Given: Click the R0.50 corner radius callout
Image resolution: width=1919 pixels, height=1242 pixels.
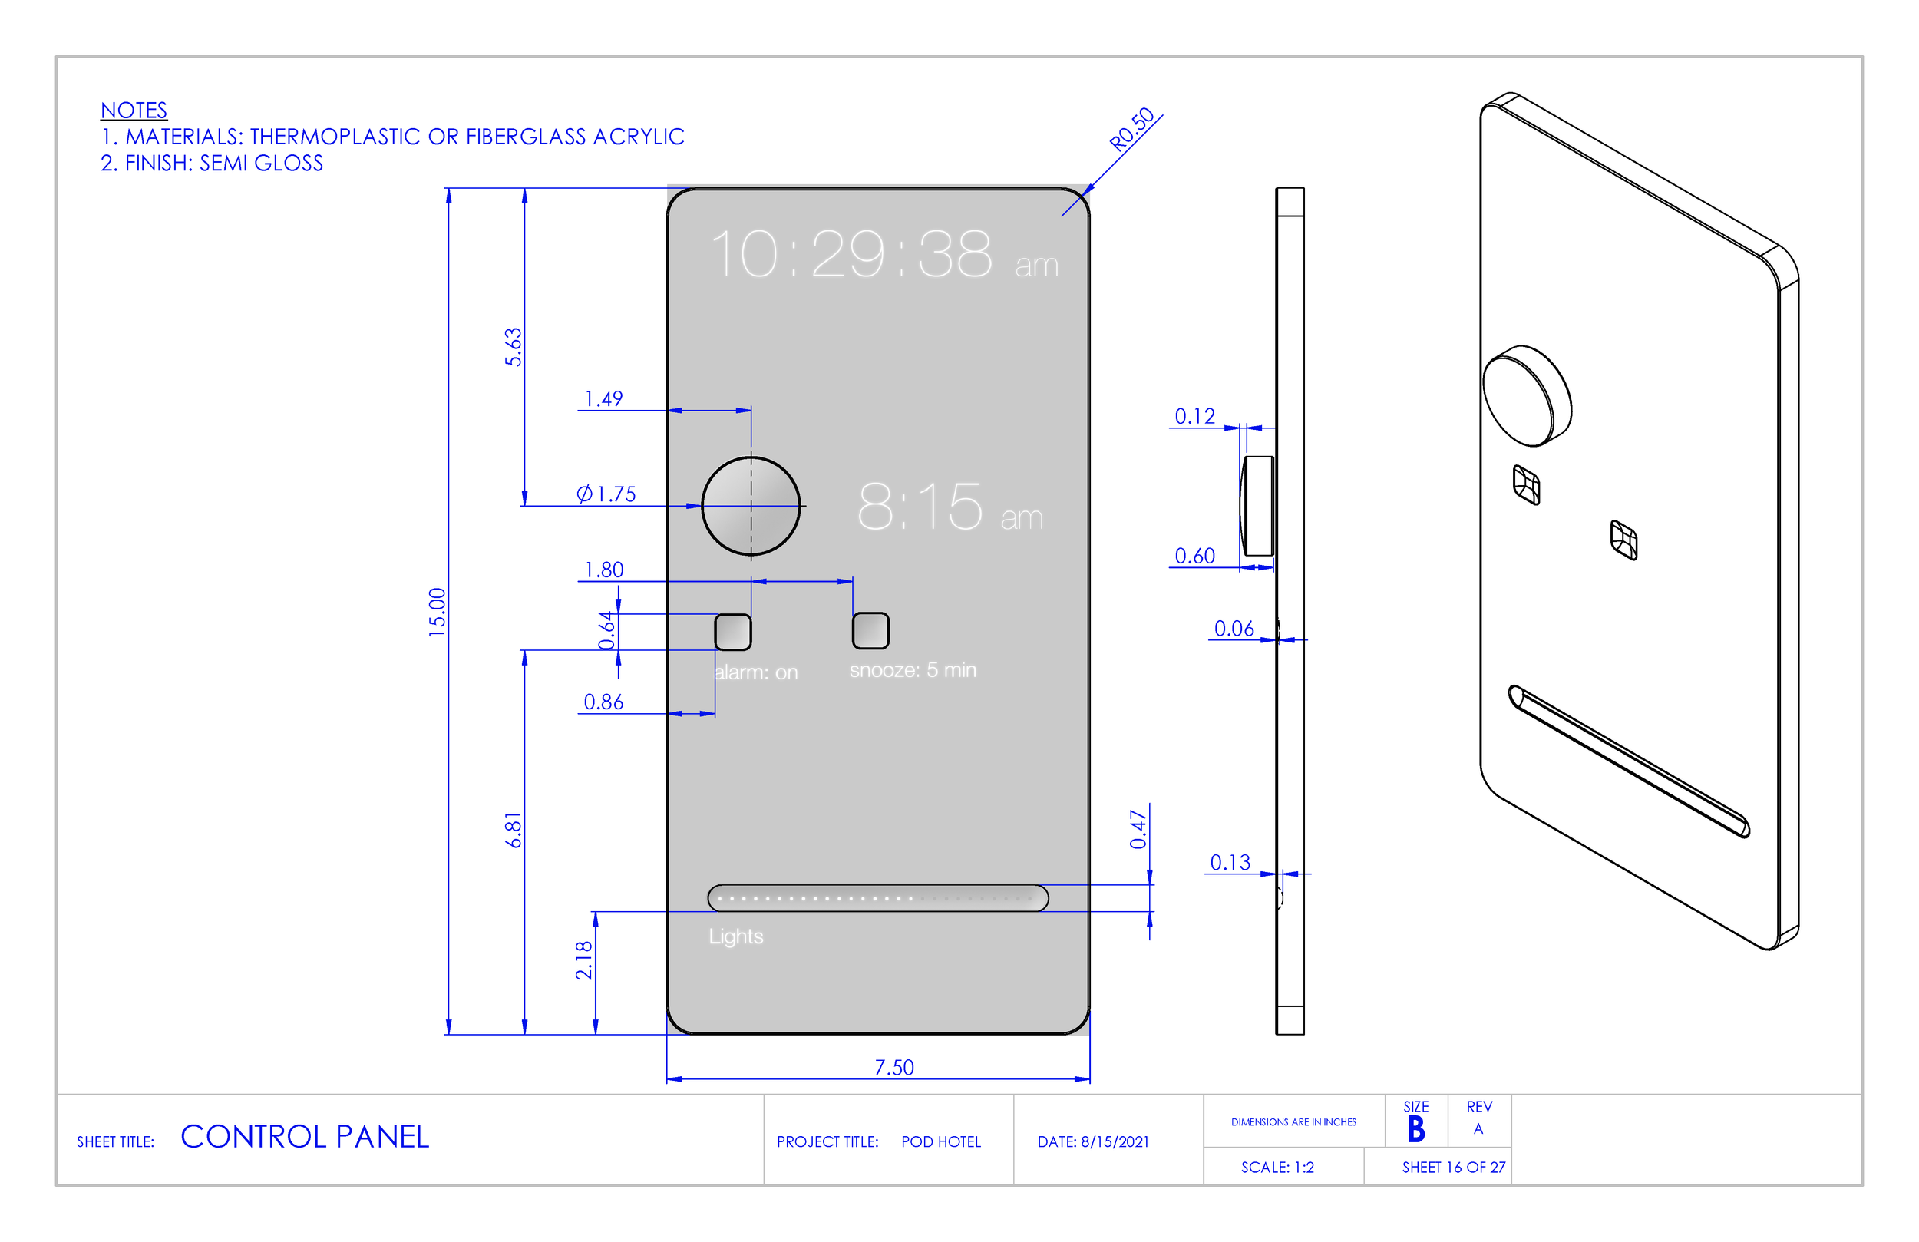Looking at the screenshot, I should pyautogui.click(x=1132, y=129).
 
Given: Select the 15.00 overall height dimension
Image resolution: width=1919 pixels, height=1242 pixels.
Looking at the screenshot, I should pyautogui.click(x=437, y=611).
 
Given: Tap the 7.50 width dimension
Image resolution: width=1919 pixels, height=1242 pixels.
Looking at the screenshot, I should pyautogui.click(x=894, y=1067).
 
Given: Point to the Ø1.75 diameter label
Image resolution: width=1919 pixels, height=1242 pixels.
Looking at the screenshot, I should pyautogui.click(x=606, y=494).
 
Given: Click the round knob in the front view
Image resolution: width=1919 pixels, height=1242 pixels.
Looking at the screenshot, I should pyautogui.click(x=751, y=507).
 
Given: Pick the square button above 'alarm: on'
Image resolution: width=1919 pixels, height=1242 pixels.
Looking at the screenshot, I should pyautogui.click(x=733, y=632).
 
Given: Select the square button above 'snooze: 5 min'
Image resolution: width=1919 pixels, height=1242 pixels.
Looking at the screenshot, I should pyautogui.click(x=870, y=630).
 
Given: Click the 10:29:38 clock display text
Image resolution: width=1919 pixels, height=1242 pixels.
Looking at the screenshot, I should pyautogui.click(x=851, y=254).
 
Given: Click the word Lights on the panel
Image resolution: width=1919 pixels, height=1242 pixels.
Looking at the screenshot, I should pyautogui.click(x=735, y=936).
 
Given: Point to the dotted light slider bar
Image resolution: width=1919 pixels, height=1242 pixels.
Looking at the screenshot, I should pyautogui.click(x=877, y=897).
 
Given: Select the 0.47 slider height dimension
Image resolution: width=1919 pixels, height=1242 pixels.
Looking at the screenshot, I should pyautogui.click(x=1138, y=829).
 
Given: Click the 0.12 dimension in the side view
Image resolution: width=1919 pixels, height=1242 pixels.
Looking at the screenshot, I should pyautogui.click(x=1194, y=416).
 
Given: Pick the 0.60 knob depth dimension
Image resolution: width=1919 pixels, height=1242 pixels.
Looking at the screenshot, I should pyautogui.click(x=1194, y=556).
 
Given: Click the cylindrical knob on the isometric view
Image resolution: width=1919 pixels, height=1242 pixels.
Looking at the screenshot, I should pyautogui.click(x=1526, y=396).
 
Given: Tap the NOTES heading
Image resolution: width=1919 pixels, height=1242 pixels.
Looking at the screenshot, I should pyautogui.click(x=134, y=110).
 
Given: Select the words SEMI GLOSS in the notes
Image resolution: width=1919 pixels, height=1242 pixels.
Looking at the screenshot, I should pyautogui.click(x=261, y=163).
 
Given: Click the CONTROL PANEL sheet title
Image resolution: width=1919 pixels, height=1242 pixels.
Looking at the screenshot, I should pyautogui.click(x=305, y=1136).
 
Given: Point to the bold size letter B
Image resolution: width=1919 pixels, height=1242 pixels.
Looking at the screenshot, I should pyautogui.click(x=1416, y=1129).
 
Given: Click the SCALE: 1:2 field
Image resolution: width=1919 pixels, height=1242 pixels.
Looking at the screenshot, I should pyautogui.click(x=1277, y=1167).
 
